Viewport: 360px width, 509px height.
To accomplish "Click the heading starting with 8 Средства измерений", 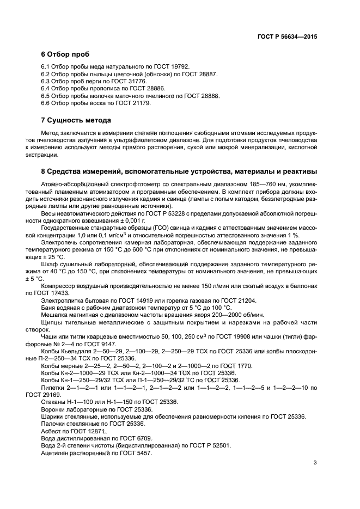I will (x=179, y=171).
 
